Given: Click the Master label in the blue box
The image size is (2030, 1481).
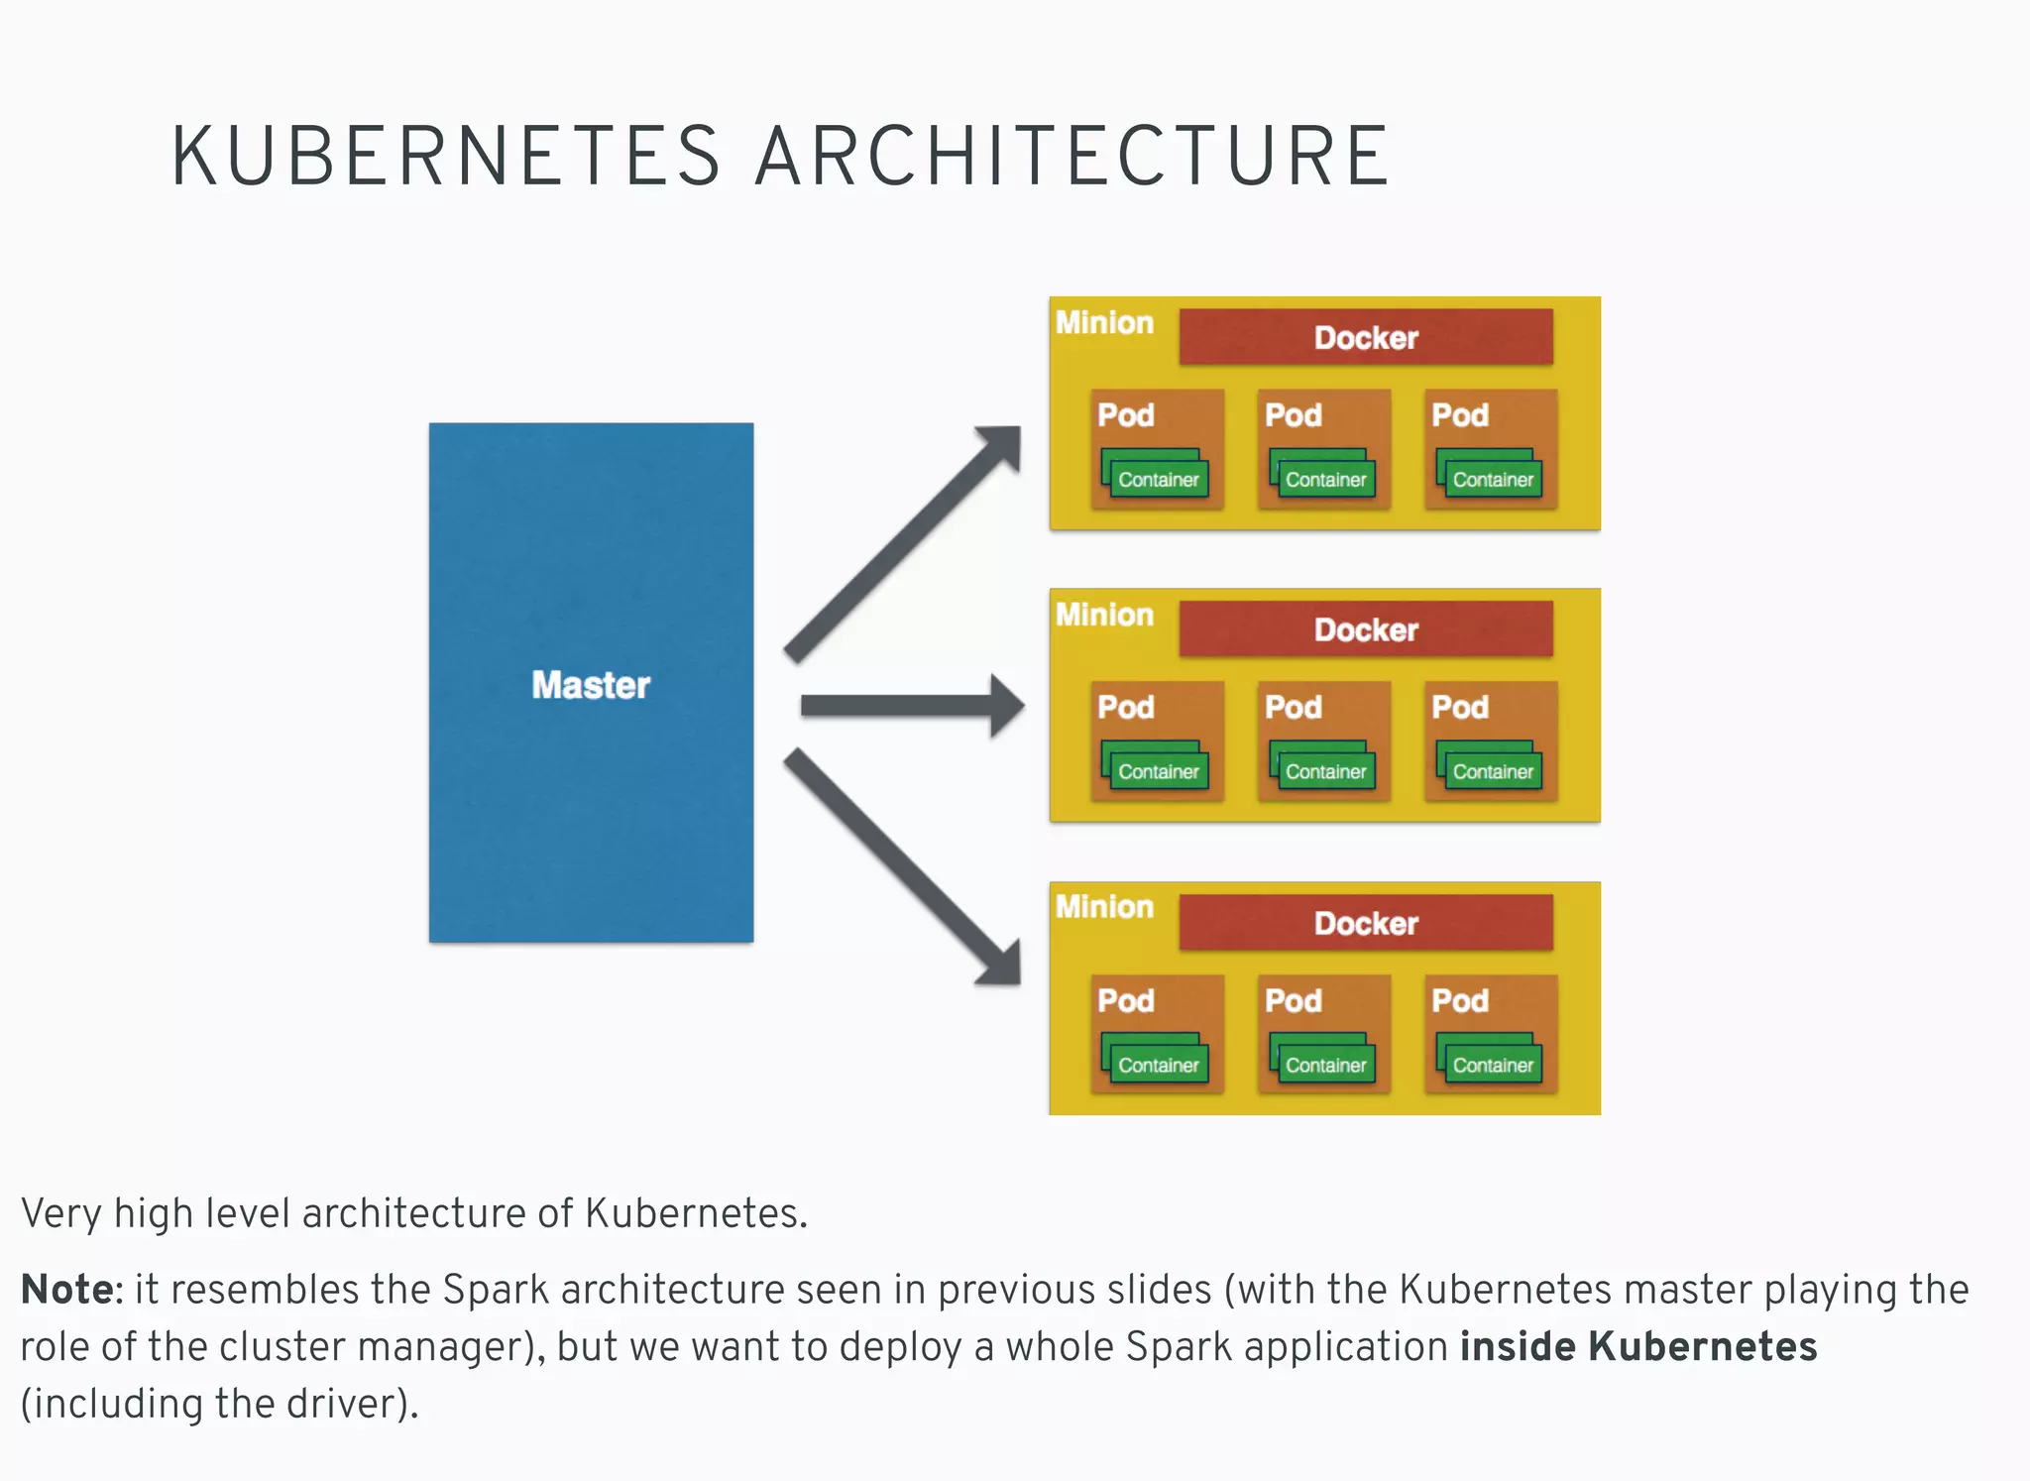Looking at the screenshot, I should [x=591, y=685].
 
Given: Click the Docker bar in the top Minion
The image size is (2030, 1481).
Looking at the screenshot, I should [x=1365, y=337].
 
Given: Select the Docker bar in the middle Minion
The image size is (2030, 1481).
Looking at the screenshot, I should [x=1365, y=629].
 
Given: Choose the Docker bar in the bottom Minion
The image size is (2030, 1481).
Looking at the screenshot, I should [x=1365, y=923].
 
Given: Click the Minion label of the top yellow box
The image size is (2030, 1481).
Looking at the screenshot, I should [x=1104, y=323].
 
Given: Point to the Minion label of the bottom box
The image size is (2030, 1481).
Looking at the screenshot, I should [x=1104, y=907].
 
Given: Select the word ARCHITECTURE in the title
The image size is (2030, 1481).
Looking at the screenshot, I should [x=1072, y=156].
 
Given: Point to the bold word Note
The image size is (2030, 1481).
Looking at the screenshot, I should [x=67, y=1290].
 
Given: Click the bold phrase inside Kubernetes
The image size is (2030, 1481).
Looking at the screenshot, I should [x=1637, y=1346].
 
